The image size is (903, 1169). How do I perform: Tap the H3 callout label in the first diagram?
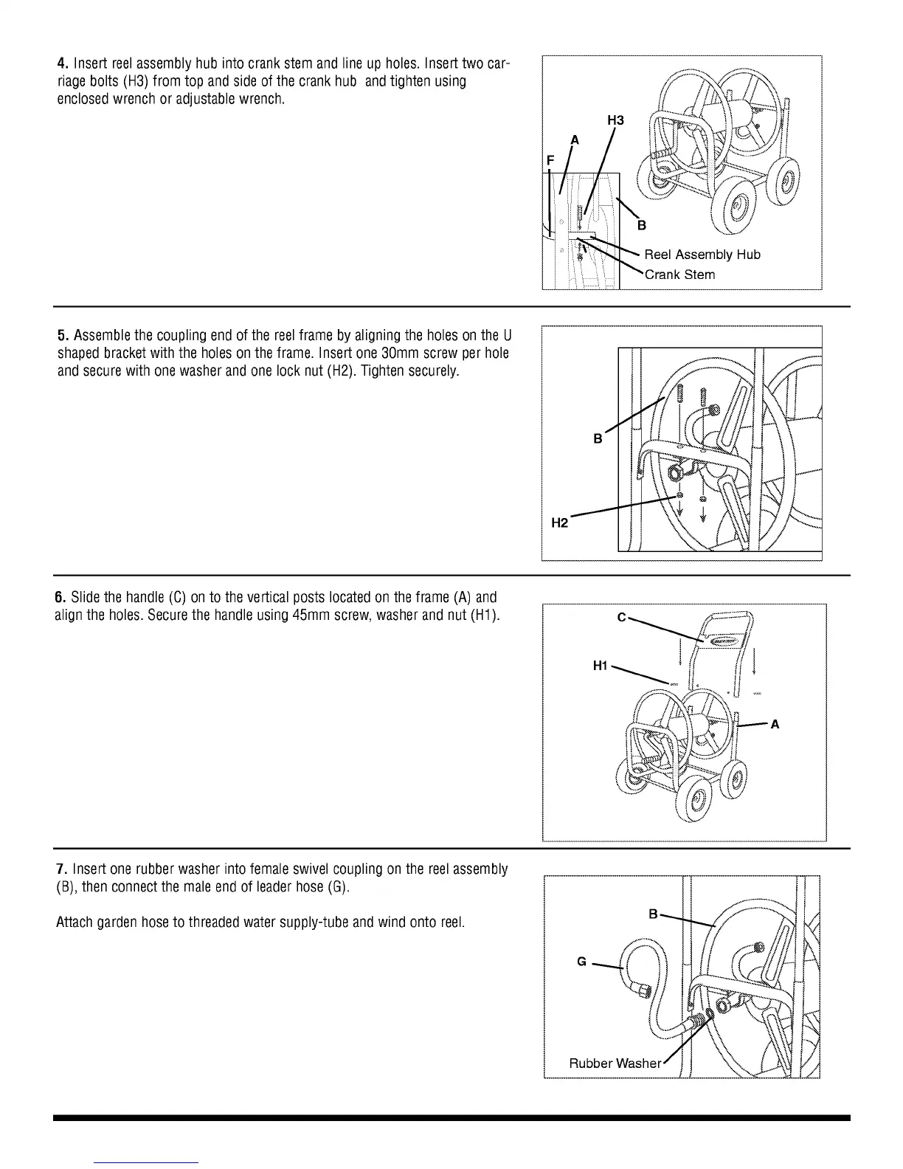(x=615, y=120)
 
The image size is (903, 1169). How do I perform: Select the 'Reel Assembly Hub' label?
(x=702, y=255)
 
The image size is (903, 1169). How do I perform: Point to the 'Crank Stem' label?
(x=679, y=275)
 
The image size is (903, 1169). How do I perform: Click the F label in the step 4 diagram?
(x=550, y=160)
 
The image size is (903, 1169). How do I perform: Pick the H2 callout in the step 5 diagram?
(x=560, y=523)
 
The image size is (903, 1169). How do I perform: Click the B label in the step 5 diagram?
(x=598, y=439)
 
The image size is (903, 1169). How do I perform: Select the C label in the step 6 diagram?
(x=621, y=618)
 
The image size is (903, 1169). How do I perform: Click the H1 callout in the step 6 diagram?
(x=601, y=666)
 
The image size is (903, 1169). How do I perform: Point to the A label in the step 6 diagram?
(x=775, y=725)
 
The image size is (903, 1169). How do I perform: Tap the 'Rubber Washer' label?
(x=615, y=1063)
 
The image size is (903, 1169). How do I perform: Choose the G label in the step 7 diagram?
(x=582, y=962)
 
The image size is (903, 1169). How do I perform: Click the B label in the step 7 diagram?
(x=653, y=914)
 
